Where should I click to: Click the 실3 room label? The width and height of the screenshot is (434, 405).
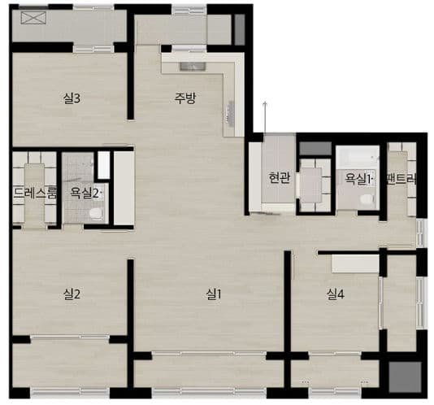(x=72, y=98)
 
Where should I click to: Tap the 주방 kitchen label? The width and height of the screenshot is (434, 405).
(x=185, y=98)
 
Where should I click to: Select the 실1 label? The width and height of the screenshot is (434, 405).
(x=214, y=294)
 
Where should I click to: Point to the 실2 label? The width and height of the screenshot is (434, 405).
(x=72, y=294)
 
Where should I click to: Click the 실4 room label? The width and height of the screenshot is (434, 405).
(x=336, y=294)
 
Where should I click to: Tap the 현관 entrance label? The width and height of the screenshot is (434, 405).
(x=280, y=178)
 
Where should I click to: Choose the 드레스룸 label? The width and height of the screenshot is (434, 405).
(x=35, y=193)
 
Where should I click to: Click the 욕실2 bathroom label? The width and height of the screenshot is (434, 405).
(x=85, y=193)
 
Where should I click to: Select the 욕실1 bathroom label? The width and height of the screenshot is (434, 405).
(x=358, y=179)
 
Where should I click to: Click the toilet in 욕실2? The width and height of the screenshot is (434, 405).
(x=96, y=213)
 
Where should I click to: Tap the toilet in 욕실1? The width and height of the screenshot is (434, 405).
(x=367, y=199)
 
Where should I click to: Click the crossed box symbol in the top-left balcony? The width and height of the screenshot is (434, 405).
(x=33, y=18)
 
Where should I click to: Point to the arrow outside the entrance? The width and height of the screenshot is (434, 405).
(x=265, y=117)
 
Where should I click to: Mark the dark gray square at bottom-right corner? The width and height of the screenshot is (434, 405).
(x=405, y=377)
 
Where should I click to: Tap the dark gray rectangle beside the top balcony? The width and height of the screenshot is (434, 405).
(x=240, y=29)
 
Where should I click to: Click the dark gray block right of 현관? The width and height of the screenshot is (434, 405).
(x=315, y=149)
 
